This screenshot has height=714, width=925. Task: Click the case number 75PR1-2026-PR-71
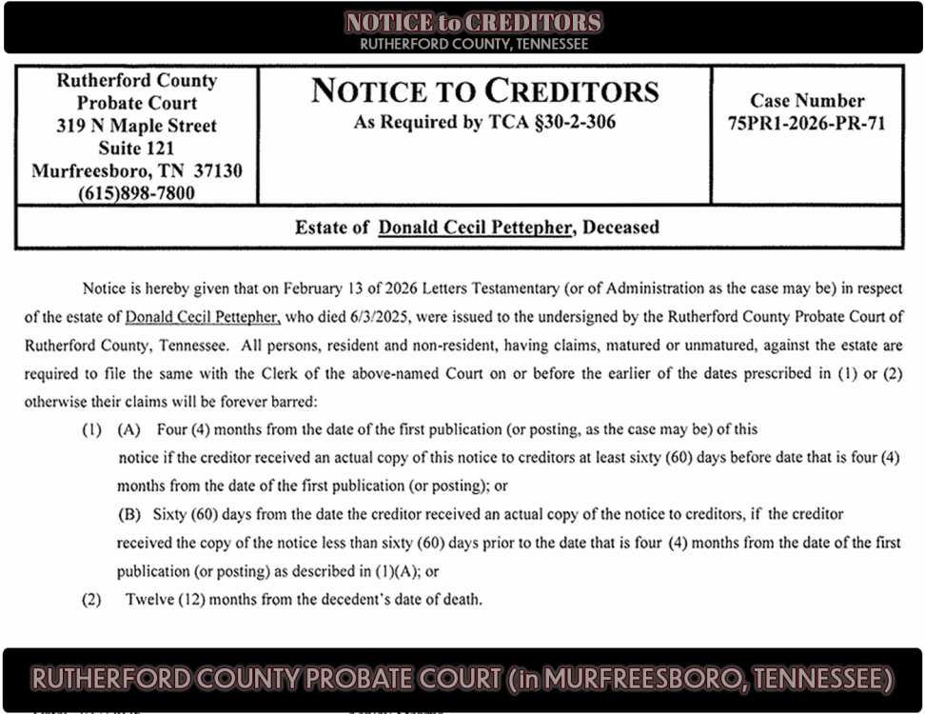806,123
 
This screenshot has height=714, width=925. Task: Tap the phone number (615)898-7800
136,193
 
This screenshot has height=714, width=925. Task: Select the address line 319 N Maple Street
136,126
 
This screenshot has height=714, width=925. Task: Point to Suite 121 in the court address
136,149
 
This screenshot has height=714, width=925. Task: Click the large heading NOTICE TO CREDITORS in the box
484,91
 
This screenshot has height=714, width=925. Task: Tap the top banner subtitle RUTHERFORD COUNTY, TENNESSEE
474,44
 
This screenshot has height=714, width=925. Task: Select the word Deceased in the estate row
620,228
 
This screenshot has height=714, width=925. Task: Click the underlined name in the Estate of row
476,228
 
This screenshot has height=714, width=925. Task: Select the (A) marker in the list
128,429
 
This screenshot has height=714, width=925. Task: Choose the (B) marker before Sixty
128,514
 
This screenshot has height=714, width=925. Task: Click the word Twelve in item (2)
148,600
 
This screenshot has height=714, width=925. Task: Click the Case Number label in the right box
807,101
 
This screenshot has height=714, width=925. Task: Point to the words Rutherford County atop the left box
136,81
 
